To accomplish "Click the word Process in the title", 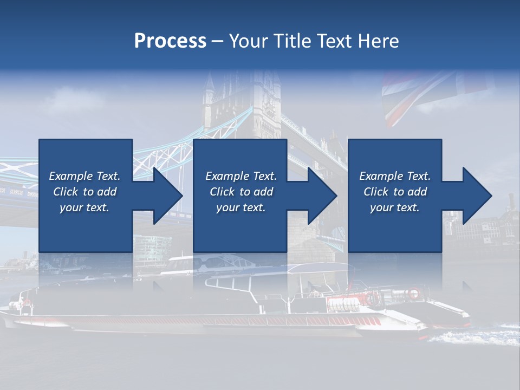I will tap(170, 41).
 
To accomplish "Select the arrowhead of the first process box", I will tap(166, 196).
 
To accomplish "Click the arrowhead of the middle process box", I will tap(321, 196).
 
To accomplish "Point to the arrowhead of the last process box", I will tap(476, 196).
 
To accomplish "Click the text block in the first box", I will tap(84, 192).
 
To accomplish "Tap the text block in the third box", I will tap(395, 192).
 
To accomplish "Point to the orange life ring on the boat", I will tap(414, 294).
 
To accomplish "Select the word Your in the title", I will tap(249, 41).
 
